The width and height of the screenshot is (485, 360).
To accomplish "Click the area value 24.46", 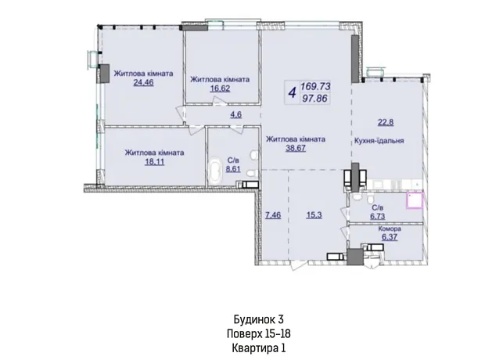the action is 143,83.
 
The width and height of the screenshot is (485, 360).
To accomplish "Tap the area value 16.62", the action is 220,88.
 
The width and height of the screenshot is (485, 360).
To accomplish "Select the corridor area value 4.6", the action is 235,115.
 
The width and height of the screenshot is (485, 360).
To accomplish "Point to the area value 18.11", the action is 154,161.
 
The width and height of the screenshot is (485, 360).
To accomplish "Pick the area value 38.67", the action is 296,148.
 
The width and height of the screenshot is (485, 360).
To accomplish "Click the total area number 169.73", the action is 315,86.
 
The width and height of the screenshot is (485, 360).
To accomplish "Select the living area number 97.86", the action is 314,99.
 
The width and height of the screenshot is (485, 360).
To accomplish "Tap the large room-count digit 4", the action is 292,92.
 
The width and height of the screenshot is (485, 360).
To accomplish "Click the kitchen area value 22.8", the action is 386,122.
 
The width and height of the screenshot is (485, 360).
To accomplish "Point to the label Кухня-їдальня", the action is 379,141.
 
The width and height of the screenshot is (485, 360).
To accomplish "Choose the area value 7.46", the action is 273,214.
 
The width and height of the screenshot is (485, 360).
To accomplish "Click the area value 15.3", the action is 314,214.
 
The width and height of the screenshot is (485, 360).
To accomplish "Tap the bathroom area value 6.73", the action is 378,216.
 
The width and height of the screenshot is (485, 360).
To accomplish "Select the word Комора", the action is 390,229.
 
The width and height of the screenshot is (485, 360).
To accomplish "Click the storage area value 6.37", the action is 390,237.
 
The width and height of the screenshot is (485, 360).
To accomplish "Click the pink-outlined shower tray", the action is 415,200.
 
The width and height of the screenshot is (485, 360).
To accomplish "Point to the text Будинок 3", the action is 259,319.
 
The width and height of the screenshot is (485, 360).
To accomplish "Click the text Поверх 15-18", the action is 259,334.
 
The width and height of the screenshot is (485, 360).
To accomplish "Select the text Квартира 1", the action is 259,348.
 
